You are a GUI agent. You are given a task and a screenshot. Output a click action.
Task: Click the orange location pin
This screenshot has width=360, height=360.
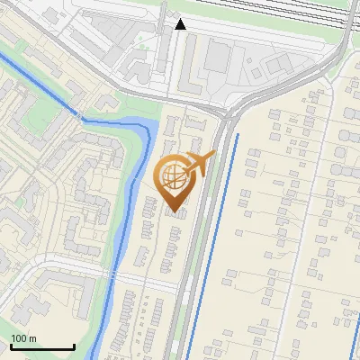(x=175, y=180)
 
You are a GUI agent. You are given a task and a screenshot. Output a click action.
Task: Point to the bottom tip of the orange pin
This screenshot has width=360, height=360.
(x=175, y=211)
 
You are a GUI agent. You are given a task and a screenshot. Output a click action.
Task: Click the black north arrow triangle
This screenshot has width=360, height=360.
(x=181, y=24)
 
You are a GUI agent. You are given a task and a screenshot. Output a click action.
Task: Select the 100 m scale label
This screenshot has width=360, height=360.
(x=23, y=338)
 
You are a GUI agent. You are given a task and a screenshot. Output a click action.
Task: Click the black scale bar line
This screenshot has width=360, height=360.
(x=41, y=346)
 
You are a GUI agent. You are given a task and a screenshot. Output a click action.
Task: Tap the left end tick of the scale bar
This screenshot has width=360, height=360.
(x=11, y=345)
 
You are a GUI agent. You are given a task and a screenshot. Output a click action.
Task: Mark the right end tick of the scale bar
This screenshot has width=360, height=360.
(x=73, y=345)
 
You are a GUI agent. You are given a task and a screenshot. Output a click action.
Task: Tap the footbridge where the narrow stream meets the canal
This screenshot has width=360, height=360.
(x=82, y=118)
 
